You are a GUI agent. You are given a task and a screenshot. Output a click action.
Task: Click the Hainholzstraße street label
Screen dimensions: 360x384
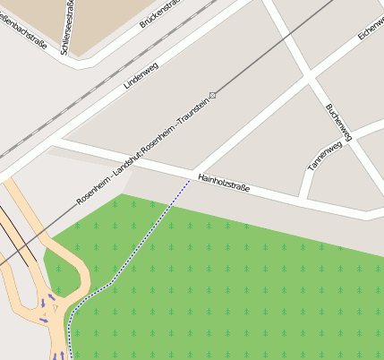(x=224, y=184)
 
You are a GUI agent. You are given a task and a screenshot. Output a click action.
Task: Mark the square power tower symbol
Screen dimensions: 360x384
(x=212, y=94)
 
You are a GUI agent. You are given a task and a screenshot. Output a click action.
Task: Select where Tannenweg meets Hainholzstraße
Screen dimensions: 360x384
(x=304, y=198)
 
